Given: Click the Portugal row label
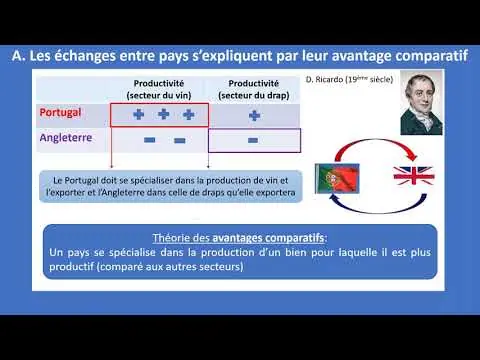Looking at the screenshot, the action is point(60,113).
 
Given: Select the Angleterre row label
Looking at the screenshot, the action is point(66,138).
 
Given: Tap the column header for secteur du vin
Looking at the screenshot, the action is point(159,89).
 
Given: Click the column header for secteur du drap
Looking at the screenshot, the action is point(254,89).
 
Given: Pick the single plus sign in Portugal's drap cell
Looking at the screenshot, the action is point(254,116).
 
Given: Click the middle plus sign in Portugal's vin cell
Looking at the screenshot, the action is point(163,114).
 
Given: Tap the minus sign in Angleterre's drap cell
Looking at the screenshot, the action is point(253,140).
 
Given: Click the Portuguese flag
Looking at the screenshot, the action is point(337,178).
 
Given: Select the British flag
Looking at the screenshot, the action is point(414,176).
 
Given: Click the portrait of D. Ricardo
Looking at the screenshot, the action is point(421,103).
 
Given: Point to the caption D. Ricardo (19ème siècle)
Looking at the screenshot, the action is point(349,79).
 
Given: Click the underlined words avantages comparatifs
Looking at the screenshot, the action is point(268,238).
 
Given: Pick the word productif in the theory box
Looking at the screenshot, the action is point(71,267).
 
